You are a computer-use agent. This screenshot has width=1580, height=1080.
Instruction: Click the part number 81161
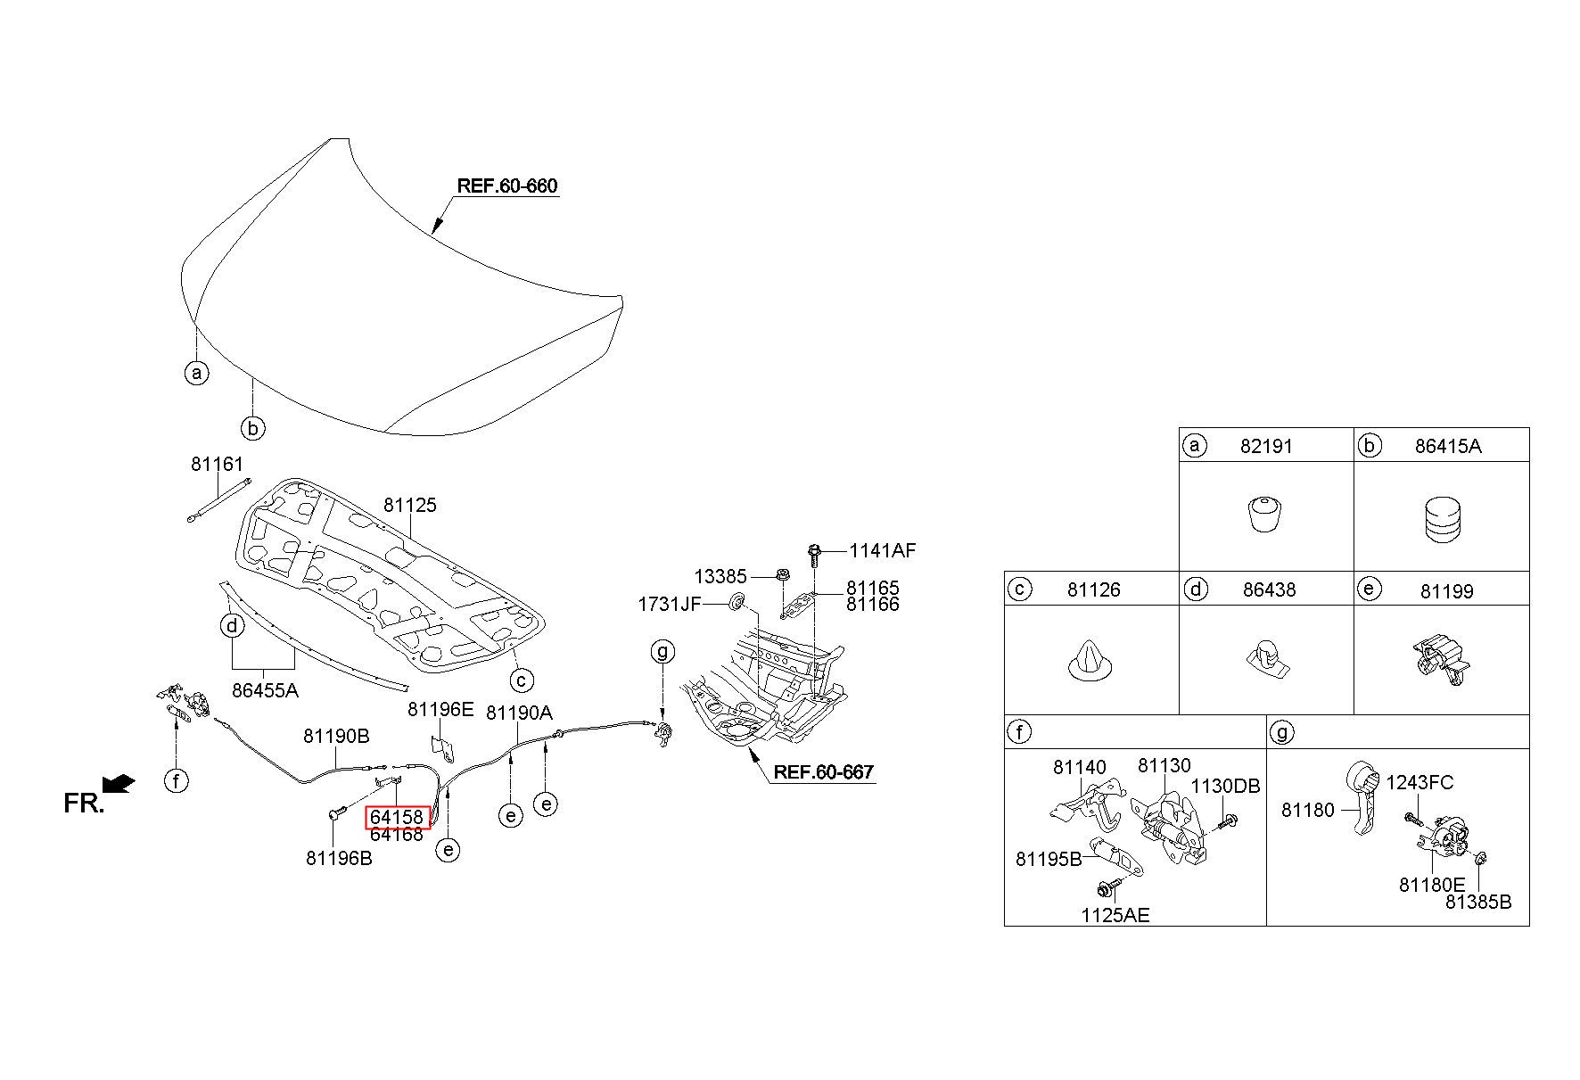click(x=217, y=465)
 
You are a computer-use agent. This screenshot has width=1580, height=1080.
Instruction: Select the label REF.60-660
click(x=507, y=186)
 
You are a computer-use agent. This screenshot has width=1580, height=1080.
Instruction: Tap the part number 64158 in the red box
click(x=397, y=817)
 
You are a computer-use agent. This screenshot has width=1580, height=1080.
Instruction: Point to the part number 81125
click(x=410, y=505)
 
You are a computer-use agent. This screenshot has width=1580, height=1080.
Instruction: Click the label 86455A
click(x=265, y=690)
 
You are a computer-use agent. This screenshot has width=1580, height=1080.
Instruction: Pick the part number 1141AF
click(x=882, y=551)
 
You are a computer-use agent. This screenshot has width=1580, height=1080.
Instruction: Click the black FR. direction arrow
click(x=119, y=783)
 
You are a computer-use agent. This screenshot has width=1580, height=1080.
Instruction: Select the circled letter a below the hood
click(x=196, y=372)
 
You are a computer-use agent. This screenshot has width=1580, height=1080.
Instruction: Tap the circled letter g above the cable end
click(x=662, y=651)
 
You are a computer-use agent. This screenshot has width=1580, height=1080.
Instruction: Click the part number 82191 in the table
click(x=1266, y=446)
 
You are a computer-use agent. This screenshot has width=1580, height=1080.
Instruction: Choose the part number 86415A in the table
click(x=1447, y=446)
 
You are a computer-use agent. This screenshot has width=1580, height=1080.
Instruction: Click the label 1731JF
click(x=670, y=605)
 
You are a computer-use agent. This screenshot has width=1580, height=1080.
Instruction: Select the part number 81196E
click(x=440, y=710)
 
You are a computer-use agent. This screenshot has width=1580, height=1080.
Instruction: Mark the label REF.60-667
click(x=824, y=772)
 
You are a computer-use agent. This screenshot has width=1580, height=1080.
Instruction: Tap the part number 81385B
click(x=1478, y=902)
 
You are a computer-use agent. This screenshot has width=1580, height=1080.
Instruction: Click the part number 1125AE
click(x=1115, y=915)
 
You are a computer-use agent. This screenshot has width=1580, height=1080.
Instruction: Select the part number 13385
click(x=720, y=577)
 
